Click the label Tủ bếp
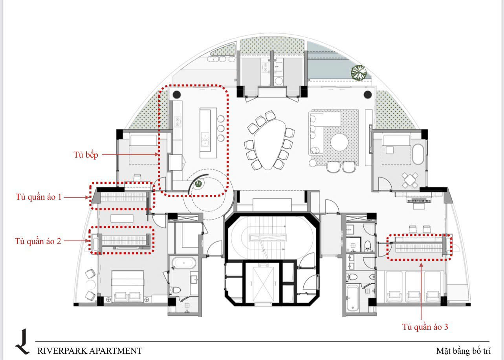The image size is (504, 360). [86, 155]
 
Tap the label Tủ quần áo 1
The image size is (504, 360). [38, 197]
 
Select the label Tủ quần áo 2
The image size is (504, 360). [38, 241]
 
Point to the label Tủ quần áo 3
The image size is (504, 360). [425, 327]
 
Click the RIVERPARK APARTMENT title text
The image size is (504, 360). [90, 351]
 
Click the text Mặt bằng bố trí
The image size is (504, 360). [463, 351]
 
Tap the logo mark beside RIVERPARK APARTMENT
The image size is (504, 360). [22, 342]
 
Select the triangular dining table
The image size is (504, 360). [269, 144]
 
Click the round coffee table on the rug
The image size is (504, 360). [339, 142]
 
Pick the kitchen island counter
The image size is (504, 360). [208, 133]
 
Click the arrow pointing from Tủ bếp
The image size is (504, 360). [130, 154]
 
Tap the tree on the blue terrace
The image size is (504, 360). [359, 72]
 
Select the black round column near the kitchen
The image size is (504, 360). [177, 94]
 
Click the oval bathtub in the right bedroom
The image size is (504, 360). [418, 154]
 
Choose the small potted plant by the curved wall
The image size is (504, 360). [198, 184]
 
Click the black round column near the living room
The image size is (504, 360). [367, 95]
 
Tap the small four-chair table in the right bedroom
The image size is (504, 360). [410, 180]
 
